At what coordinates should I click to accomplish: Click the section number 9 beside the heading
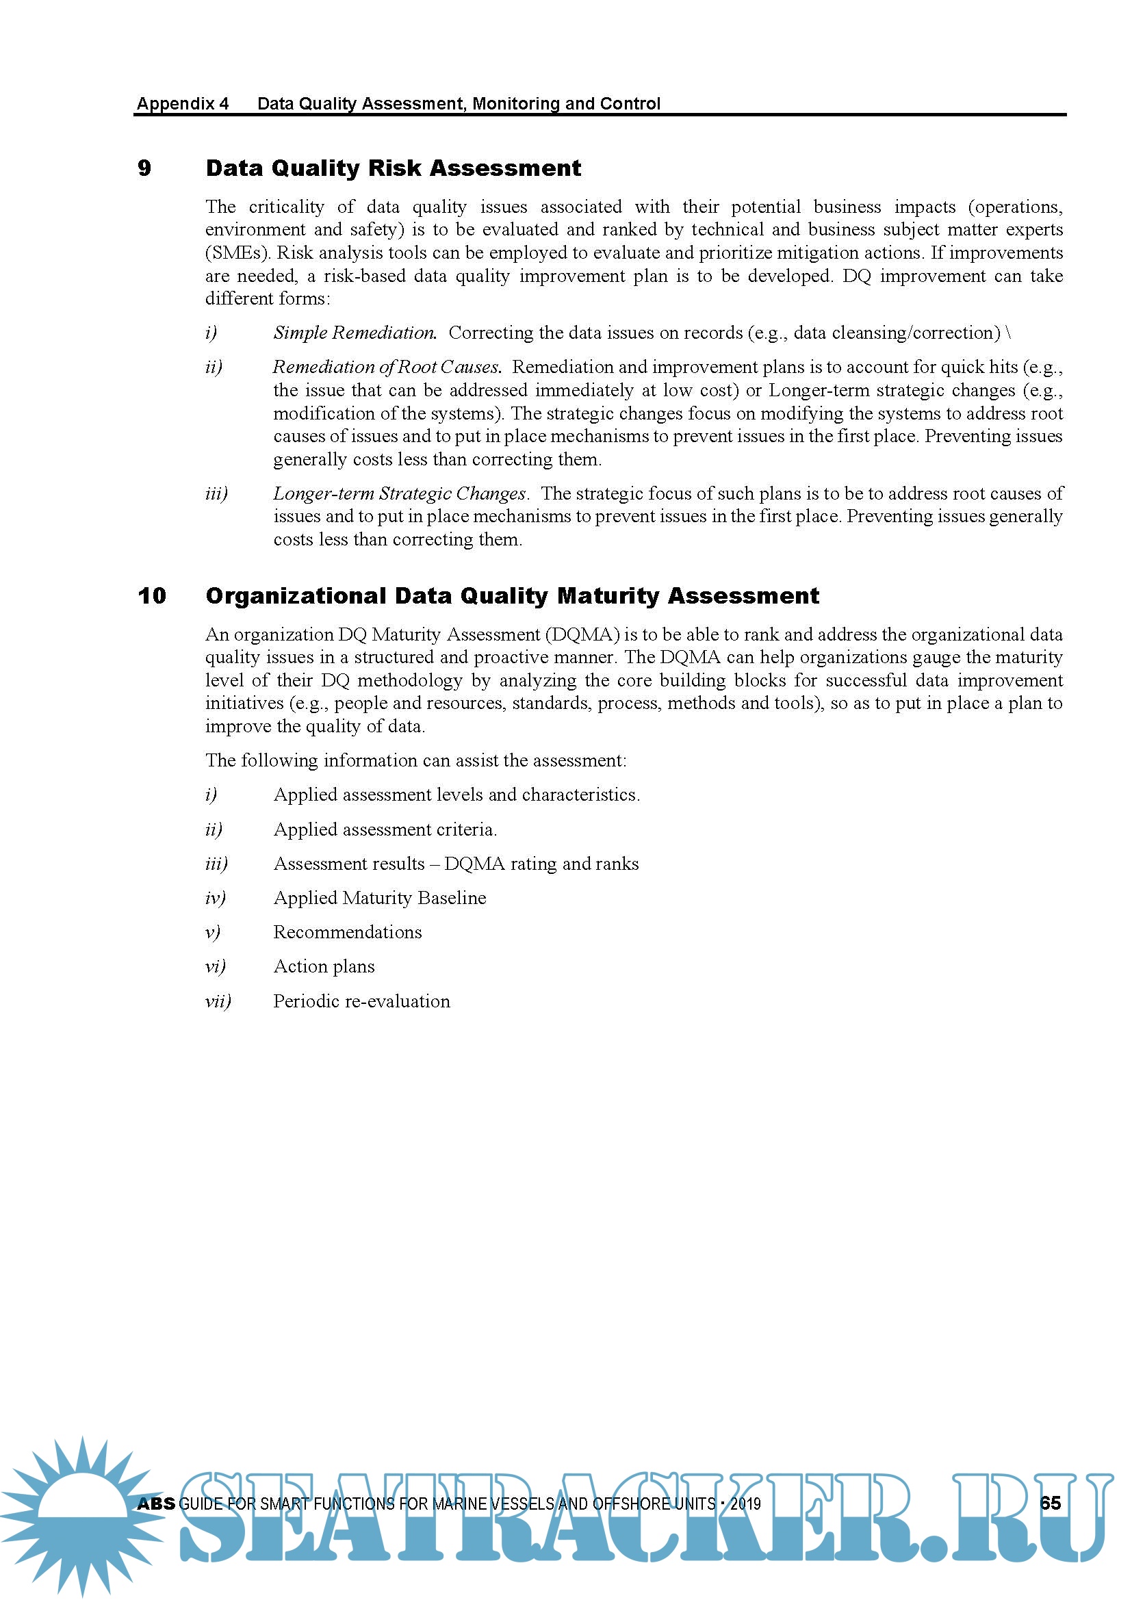coord(144,168)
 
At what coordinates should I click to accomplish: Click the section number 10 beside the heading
coord(152,596)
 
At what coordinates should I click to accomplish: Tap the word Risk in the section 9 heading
coord(394,168)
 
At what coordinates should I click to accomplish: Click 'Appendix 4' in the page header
coord(183,104)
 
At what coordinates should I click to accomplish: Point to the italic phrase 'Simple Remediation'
coord(355,333)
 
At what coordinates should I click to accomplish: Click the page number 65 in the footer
coord(1050,1503)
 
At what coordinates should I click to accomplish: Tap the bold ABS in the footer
coord(156,1504)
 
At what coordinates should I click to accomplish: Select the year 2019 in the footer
coord(745,1504)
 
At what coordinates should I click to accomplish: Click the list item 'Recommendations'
coord(348,932)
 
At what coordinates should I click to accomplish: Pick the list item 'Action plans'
coord(324,966)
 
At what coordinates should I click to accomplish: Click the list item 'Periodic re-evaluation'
coord(362,1001)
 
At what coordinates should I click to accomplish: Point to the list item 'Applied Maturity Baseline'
coord(380,899)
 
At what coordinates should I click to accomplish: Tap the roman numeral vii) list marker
coord(218,1001)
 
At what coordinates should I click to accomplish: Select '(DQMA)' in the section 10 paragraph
coord(582,635)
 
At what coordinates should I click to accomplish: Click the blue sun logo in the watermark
coord(80,1512)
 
